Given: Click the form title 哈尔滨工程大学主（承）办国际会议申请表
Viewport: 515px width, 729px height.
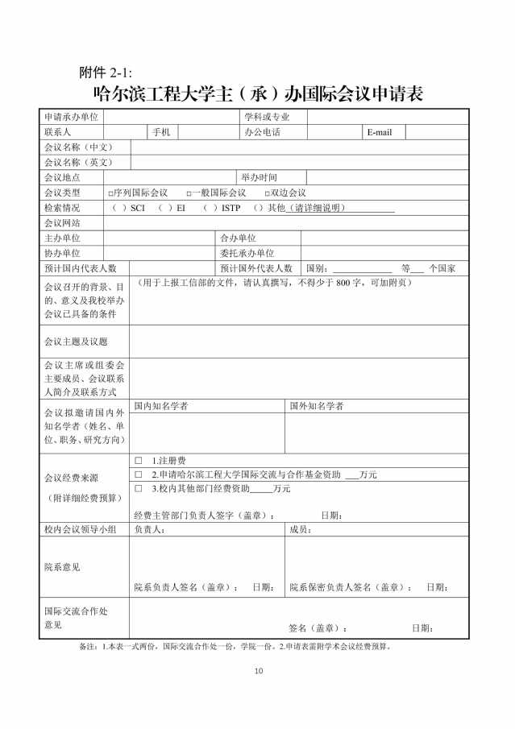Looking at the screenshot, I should (x=258, y=93).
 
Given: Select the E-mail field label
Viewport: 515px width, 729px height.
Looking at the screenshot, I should (x=379, y=132).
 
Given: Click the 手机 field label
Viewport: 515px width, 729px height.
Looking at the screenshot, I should (x=160, y=132).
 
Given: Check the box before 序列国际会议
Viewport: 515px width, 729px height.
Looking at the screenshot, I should (x=110, y=193).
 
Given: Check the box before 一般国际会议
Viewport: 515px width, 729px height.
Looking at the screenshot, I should (x=188, y=193).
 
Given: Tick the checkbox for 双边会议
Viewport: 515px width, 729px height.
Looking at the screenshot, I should (x=267, y=193).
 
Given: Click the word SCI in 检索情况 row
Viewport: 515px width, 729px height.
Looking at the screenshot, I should (x=137, y=208).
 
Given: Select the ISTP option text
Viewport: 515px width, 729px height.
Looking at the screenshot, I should (x=231, y=208).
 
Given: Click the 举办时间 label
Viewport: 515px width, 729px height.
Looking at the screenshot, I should (x=259, y=177).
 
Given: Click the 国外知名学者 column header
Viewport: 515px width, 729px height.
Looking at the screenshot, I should (x=317, y=406).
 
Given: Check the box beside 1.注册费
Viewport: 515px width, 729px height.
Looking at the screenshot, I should (x=139, y=460).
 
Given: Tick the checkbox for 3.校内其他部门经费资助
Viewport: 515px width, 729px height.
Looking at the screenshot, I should (x=139, y=488).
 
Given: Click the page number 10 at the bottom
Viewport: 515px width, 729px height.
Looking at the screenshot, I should (x=258, y=671).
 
